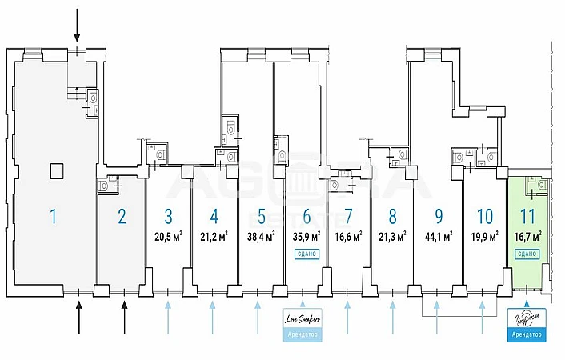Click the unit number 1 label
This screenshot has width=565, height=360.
click(x=53, y=215)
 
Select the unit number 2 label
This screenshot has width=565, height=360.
click(x=122, y=215)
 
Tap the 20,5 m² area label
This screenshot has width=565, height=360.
click(x=168, y=234)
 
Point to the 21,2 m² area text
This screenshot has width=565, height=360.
click(x=214, y=234)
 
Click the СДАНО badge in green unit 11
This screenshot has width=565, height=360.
click(x=527, y=253)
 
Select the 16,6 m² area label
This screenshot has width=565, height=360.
click(x=348, y=234)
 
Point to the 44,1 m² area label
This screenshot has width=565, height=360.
click(x=438, y=234)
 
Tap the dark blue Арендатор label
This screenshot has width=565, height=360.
click(x=527, y=335)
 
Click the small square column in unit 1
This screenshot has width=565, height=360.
click(x=55, y=170)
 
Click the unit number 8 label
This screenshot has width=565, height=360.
click(x=392, y=215)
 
